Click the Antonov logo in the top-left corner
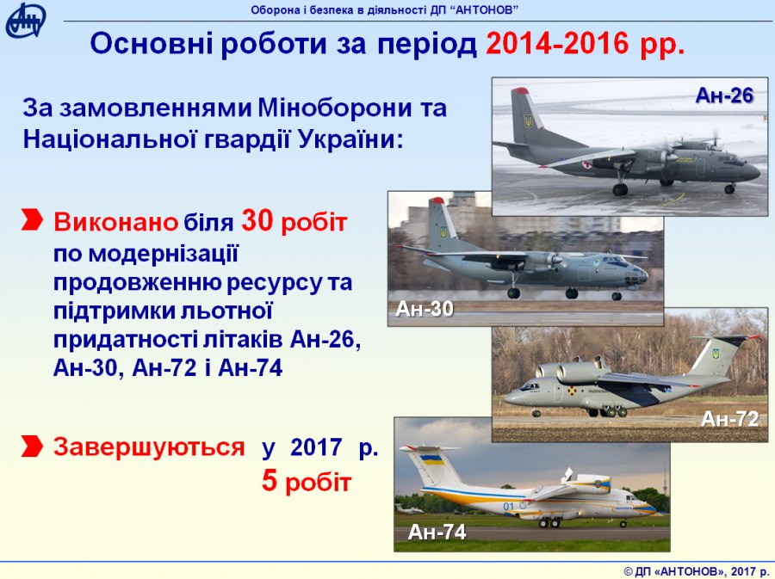coord(25,21)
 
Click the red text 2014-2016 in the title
coord(557,43)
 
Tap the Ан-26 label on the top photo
coord(724,95)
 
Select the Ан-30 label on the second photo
coord(425,309)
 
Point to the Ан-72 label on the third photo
coord(729,419)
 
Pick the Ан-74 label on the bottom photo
coord(437,532)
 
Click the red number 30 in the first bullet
coord(257,220)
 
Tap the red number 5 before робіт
coord(270,481)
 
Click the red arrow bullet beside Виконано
coord(32,219)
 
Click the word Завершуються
coord(149,447)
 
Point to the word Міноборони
coord(335,108)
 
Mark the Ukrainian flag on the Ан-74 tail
coord(431,459)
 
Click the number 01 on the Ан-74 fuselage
coord(509,506)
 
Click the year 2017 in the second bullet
coord(316,447)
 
